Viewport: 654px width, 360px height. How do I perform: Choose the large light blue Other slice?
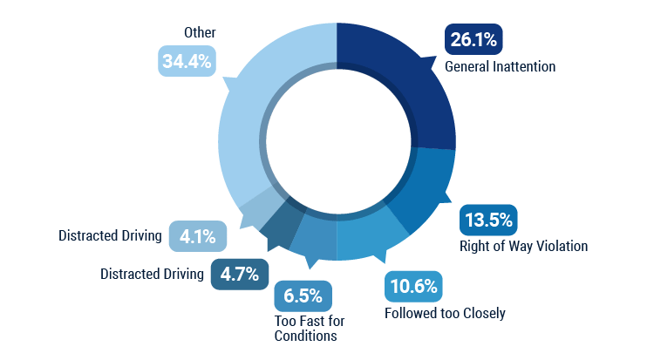pos(253,105)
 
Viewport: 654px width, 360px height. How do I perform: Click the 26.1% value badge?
pos(473,39)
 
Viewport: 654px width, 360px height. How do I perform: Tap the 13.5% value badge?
pos(488,219)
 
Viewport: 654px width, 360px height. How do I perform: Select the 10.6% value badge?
pos(413,287)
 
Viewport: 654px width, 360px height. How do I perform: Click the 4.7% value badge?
pos(239,274)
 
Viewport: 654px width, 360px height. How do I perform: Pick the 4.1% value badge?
pos(197,235)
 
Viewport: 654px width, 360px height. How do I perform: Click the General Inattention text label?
pos(500,66)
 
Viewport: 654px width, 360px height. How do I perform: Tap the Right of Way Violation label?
pos(523,246)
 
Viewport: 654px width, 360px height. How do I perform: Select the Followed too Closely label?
pos(445,313)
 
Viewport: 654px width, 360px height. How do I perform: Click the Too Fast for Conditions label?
pos(305,327)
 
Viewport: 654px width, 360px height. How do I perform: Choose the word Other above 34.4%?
pos(200,32)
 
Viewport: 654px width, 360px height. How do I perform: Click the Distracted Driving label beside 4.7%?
pos(152,274)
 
